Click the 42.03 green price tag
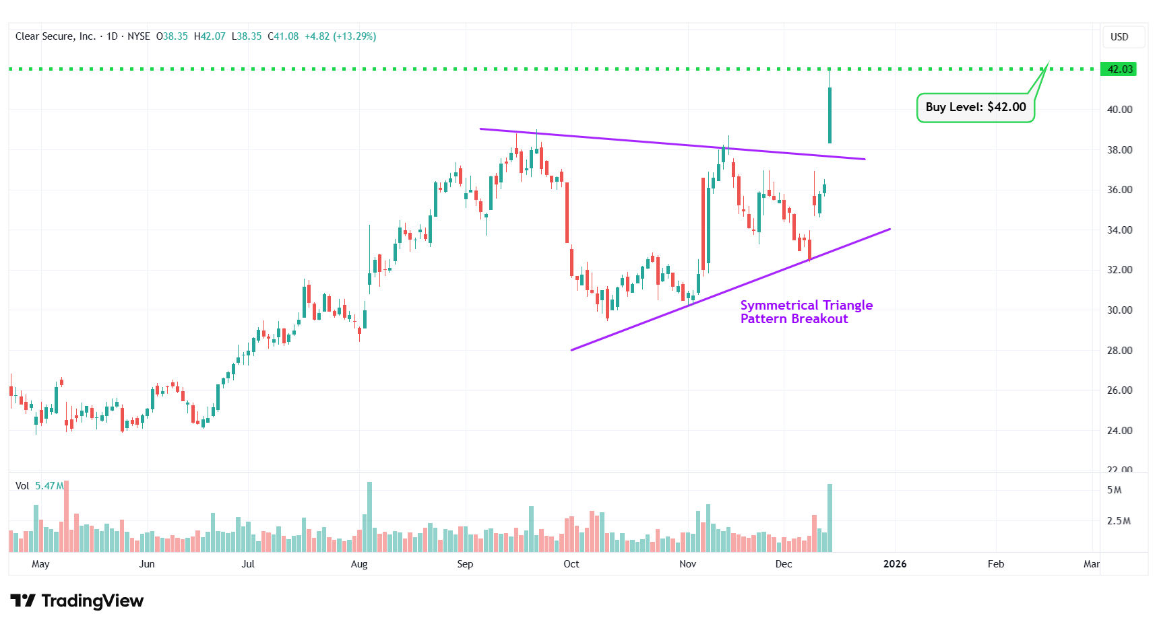(x=1119, y=69)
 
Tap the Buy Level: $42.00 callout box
(x=975, y=108)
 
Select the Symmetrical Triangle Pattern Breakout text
(x=806, y=312)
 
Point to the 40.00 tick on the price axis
(x=1119, y=109)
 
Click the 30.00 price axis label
(x=1119, y=310)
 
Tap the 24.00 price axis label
(x=1119, y=431)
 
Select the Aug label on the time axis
(x=359, y=564)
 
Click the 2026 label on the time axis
(x=894, y=564)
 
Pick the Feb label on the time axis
(x=995, y=564)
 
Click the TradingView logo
(x=77, y=600)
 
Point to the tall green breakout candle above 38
(x=830, y=114)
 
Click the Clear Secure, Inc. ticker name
(x=55, y=36)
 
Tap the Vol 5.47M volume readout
(x=40, y=486)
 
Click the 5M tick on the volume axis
(x=1114, y=490)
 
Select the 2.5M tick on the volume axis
(x=1119, y=521)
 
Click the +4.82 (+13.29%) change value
(x=340, y=36)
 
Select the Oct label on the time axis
(x=571, y=564)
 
